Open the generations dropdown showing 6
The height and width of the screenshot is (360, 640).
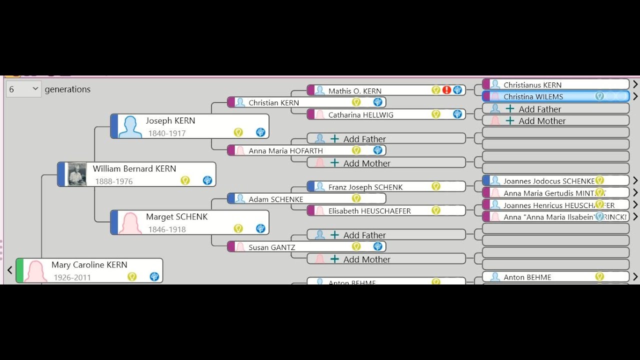23,89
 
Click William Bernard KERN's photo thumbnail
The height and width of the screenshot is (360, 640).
77,174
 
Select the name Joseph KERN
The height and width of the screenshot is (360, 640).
170,120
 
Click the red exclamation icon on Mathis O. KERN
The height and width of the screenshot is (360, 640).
446,90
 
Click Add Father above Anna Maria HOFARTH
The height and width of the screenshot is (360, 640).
364,139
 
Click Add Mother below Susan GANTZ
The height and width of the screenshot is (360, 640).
366,259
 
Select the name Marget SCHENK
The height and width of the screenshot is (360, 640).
176,216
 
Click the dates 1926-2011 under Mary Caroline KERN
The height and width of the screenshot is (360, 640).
72,277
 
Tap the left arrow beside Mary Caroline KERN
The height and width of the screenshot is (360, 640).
9,270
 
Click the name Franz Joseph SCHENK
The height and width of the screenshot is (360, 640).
365,187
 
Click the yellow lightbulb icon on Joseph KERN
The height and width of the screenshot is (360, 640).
238,132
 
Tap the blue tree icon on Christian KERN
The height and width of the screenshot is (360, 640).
378,102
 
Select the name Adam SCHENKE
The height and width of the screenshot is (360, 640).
276,199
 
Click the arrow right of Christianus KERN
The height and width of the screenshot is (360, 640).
635,84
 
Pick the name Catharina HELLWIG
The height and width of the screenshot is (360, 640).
360,114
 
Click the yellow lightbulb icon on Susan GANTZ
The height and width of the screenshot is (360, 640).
356,246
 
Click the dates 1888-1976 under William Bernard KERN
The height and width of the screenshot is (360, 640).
114,181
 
